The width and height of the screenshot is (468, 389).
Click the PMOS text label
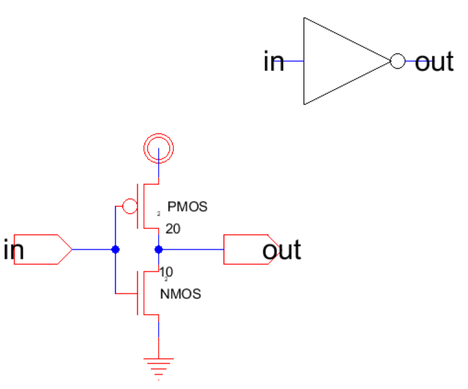[x=187, y=207]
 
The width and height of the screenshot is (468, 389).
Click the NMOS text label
[x=180, y=295]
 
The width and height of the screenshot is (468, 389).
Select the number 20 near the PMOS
[x=173, y=229]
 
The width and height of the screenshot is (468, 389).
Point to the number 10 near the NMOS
[x=165, y=271]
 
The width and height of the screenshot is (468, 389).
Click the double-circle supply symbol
[x=159, y=147]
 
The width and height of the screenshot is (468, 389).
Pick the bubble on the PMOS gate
[x=130, y=206]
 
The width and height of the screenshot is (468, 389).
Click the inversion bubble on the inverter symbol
[x=398, y=61]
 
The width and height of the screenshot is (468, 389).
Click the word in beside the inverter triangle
[x=273, y=62]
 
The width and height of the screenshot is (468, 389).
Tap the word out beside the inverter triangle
[x=434, y=62]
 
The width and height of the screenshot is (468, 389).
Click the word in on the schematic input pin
[x=13, y=251]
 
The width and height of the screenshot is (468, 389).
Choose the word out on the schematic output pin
[x=282, y=251]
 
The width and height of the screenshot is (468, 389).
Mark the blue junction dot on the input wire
[x=115, y=249]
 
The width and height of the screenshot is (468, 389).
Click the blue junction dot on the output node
[x=159, y=249]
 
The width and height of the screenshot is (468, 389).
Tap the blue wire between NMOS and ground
[x=159, y=337]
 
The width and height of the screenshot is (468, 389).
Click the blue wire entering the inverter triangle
[x=294, y=61]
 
